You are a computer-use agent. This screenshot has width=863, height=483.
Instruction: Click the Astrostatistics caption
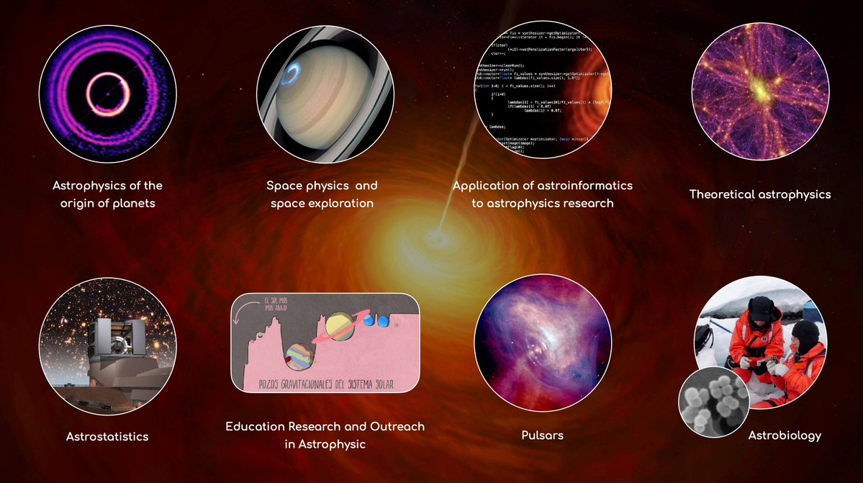click(107, 436)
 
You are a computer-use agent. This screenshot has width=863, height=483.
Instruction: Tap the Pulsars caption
click(542, 435)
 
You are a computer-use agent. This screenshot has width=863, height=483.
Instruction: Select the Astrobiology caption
click(785, 435)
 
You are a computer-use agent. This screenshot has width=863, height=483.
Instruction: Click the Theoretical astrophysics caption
click(760, 194)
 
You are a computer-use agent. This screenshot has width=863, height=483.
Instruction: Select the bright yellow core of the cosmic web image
click(757, 91)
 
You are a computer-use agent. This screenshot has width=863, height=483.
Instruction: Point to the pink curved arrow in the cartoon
click(250, 311)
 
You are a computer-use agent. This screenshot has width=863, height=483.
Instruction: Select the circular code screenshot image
click(542, 90)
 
